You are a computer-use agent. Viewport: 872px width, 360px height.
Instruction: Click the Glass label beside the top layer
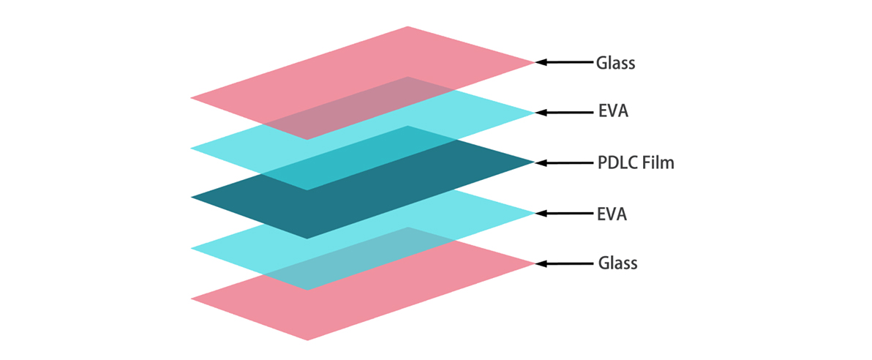615,63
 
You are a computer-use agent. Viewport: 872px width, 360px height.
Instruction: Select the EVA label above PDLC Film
612,113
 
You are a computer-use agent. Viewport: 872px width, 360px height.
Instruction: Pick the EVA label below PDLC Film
612,214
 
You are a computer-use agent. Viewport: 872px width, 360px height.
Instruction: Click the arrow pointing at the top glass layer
564,62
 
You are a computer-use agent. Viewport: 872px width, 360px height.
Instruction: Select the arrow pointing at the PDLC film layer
564,162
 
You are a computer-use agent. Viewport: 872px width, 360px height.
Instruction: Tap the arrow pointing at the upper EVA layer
564,113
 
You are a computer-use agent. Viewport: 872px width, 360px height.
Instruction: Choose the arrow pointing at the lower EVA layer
564,214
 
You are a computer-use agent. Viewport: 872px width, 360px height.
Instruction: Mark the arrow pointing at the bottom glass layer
564,263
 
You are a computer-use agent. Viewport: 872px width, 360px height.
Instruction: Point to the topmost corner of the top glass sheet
407,27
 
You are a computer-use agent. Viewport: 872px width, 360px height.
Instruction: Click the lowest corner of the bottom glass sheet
307,340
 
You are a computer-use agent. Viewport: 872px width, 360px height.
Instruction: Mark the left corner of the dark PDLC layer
192,198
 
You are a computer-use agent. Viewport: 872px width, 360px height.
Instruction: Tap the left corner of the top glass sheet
192,97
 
